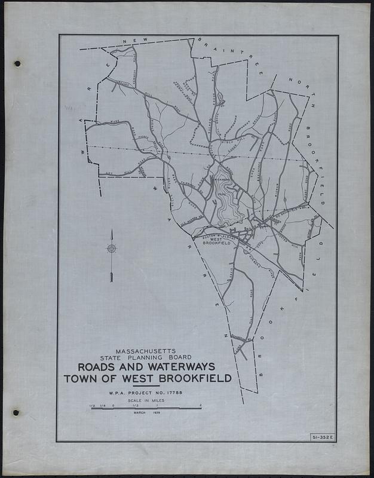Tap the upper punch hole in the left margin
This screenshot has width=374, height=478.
[17, 63]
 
